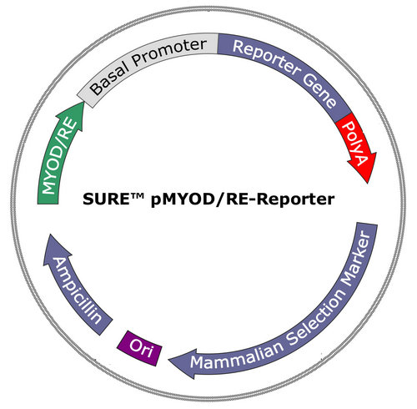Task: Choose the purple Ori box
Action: pyautogui.click(x=139, y=348)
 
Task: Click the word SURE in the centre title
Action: pyautogui.click(x=106, y=199)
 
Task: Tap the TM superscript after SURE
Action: pyautogui.click(x=137, y=195)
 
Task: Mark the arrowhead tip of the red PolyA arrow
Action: pyautogui.click(x=368, y=184)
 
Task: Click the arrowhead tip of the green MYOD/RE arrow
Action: pyautogui.click(x=83, y=102)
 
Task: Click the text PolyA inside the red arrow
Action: pyautogui.click(x=355, y=144)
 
